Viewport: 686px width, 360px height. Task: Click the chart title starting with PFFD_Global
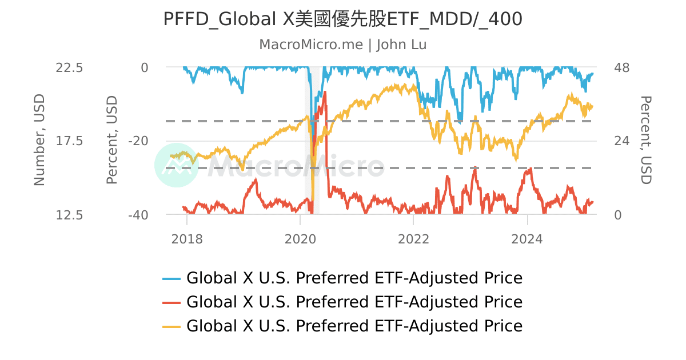[342, 19]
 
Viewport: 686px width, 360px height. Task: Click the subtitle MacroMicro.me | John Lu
[342, 45]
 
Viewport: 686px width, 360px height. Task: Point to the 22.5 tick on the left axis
[69, 67]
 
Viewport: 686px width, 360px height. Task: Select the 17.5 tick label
[69, 141]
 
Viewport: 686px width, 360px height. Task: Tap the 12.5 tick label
[69, 215]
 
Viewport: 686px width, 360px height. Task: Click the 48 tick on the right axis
[621, 67]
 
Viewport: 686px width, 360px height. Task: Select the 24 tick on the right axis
[621, 141]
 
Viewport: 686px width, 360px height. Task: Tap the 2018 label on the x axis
[187, 239]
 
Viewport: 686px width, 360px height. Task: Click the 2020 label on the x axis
[300, 239]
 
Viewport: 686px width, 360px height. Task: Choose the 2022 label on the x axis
[413, 239]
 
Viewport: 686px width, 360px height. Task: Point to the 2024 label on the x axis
[527, 239]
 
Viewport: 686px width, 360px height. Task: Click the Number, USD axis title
[39, 141]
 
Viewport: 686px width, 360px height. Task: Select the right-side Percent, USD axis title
[645, 141]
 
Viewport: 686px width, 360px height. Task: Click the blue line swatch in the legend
[171, 279]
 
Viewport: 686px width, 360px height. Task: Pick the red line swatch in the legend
[171, 302]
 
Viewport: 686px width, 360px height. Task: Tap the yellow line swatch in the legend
[171, 326]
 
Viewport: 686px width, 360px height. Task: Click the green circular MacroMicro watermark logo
[176, 165]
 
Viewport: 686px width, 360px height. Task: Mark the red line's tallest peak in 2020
[325, 92]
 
